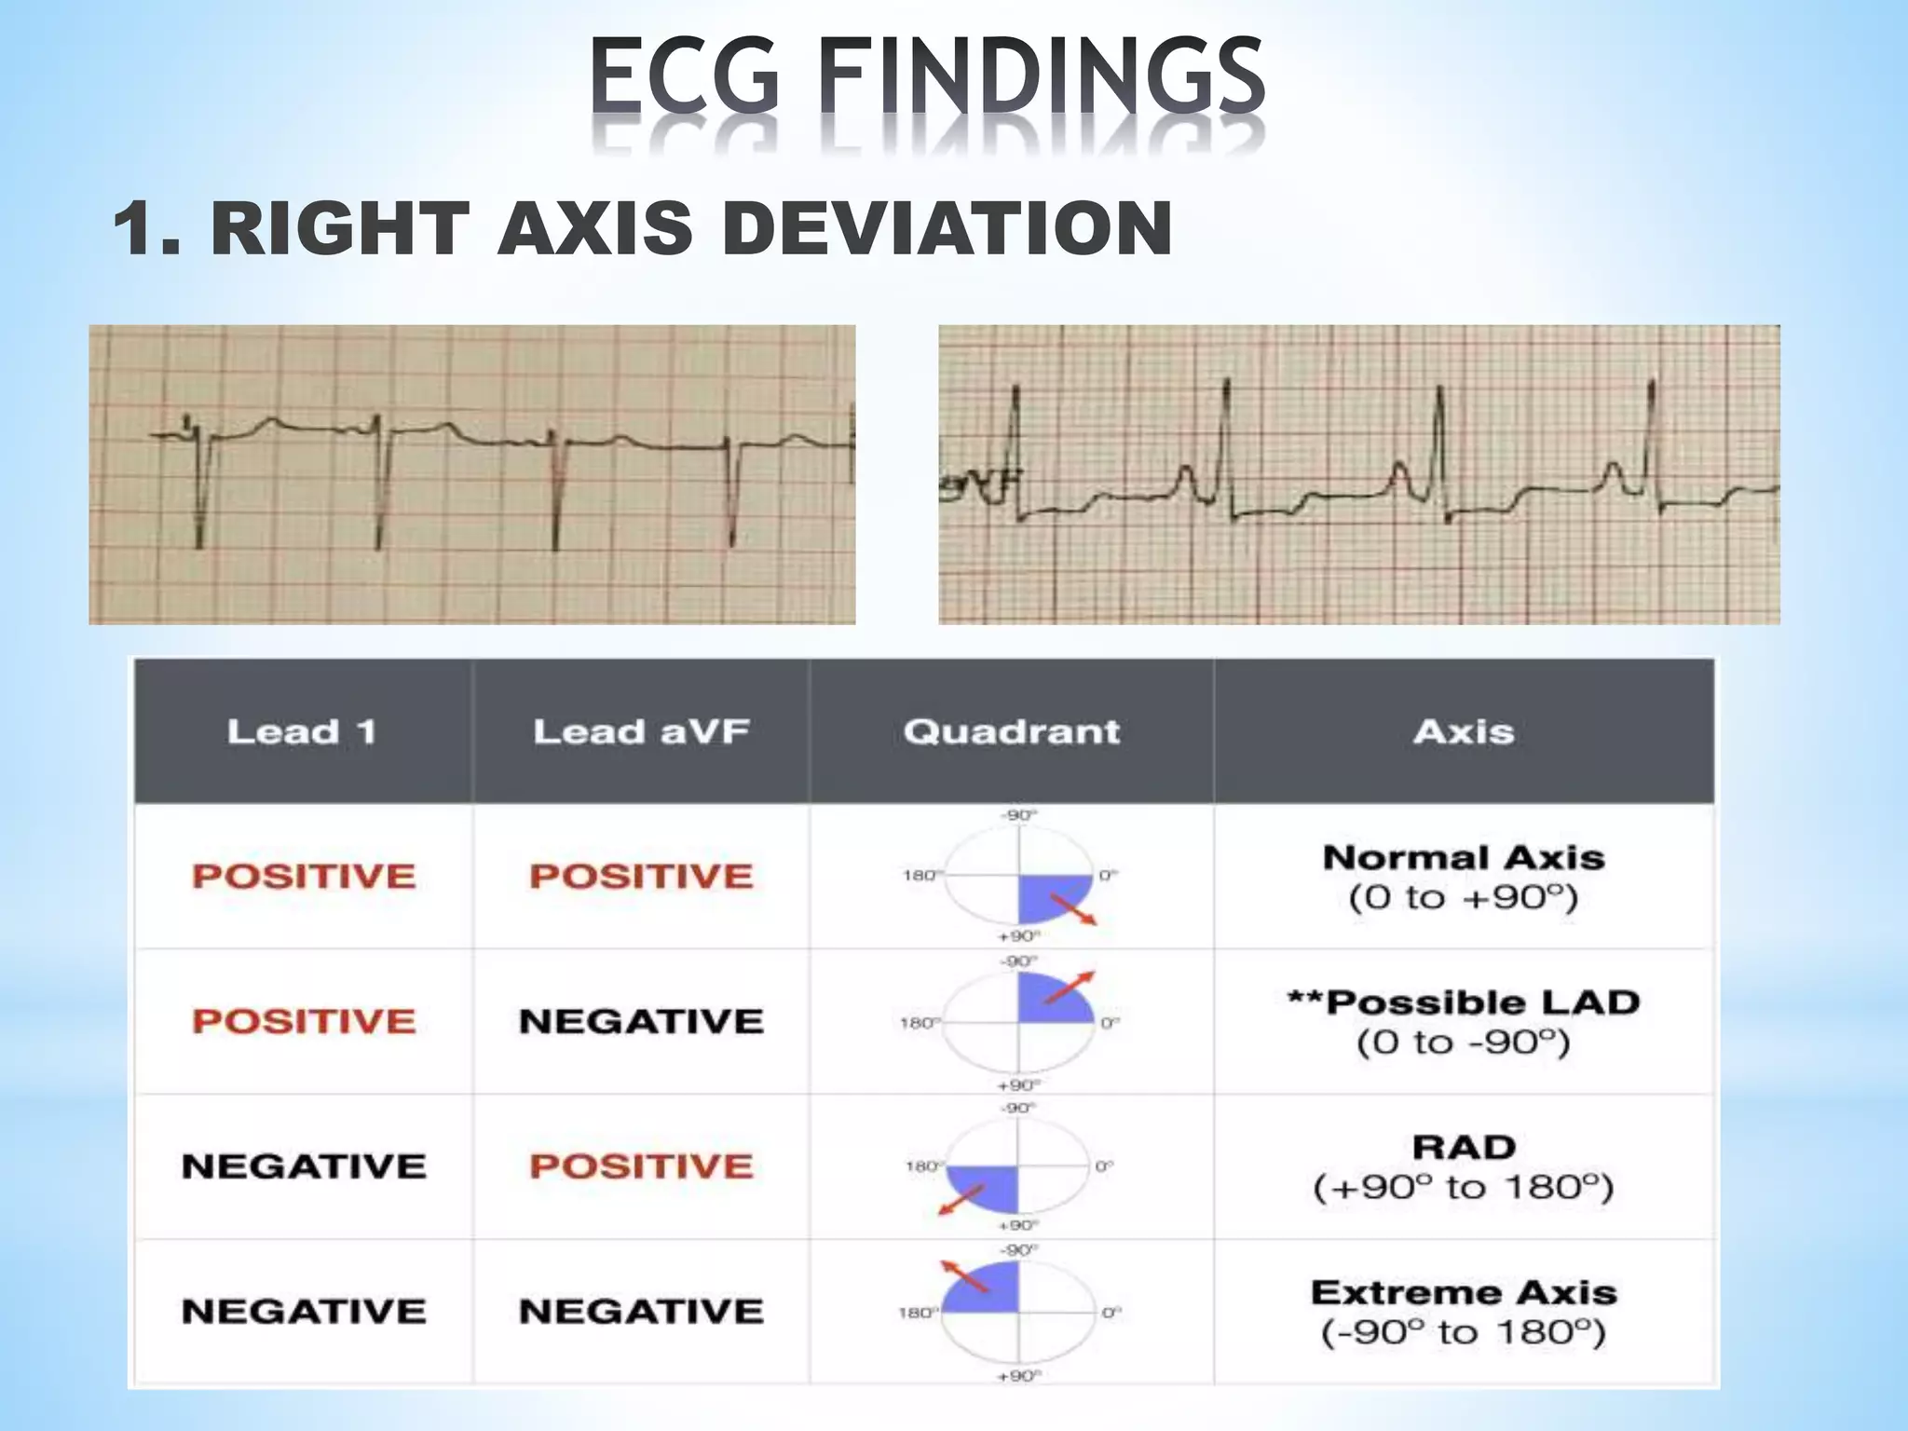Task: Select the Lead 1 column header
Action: coord(303,732)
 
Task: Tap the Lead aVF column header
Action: coord(641,732)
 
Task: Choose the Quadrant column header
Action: coord(1012,732)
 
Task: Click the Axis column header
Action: coord(1464,732)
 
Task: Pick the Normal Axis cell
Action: coord(1464,877)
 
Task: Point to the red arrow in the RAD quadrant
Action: coord(961,1200)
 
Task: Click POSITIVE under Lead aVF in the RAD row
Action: coord(641,1166)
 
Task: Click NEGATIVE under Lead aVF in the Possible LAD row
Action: coord(641,1022)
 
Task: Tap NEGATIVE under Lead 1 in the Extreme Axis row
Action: coord(304,1312)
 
